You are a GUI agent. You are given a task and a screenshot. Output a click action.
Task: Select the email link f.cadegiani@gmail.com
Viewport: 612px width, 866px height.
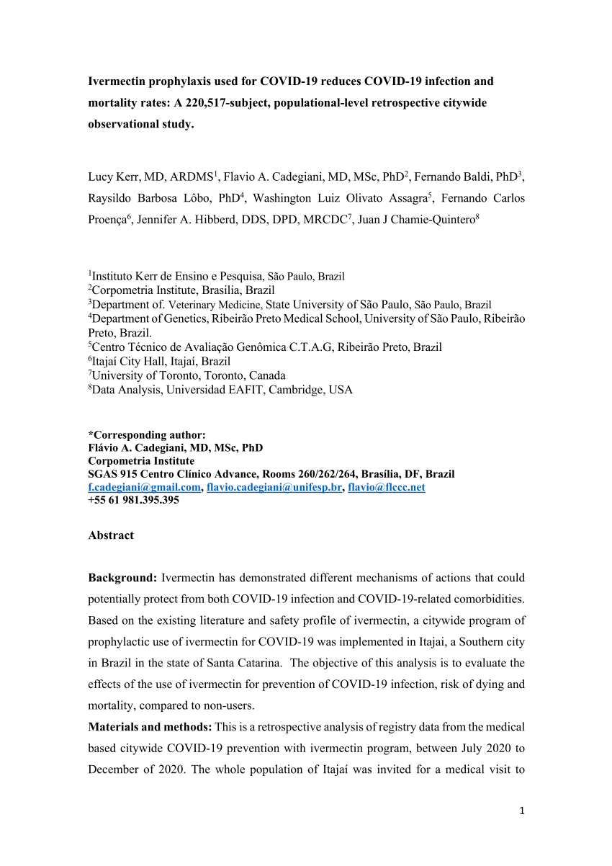click(144, 487)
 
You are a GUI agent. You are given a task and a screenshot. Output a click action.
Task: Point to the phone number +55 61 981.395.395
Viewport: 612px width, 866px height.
click(133, 500)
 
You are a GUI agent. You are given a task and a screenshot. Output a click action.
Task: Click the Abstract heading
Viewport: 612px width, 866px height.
click(111, 535)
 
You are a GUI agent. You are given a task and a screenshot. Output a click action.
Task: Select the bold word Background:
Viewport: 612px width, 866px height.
click(122, 578)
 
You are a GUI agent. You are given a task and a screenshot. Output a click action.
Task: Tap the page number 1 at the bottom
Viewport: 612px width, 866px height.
click(522, 811)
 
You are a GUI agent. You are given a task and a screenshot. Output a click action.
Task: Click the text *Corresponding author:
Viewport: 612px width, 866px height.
click(147, 434)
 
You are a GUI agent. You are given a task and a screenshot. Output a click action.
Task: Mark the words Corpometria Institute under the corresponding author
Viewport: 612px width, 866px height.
click(141, 461)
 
